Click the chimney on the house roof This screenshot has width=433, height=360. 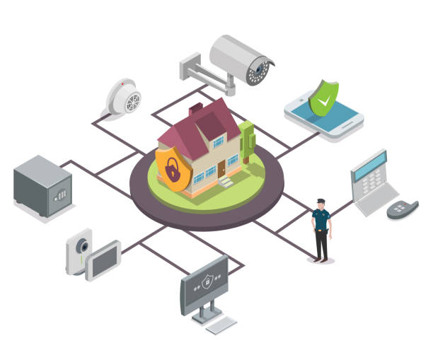196,109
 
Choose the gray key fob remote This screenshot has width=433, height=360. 403,209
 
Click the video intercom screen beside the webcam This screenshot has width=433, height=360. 104,261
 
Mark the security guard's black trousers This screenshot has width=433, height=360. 322,245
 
